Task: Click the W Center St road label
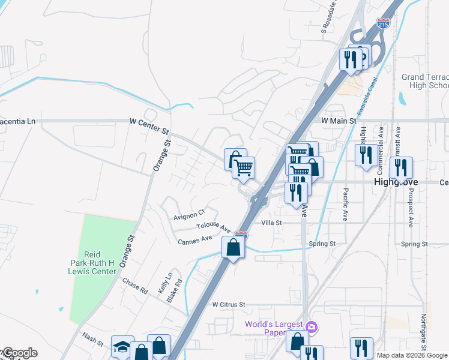(x=149, y=121)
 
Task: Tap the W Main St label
(x=334, y=121)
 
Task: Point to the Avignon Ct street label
(x=189, y=212)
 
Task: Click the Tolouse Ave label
(x=214, y=228)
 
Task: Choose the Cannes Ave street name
(x=195, y=239)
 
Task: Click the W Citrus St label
(x=229, y=305)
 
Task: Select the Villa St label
(x=271, y=223)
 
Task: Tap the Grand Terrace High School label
(x=425, y=82)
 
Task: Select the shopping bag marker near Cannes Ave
(x=233, y=247)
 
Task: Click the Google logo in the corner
(x=19, y=353)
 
